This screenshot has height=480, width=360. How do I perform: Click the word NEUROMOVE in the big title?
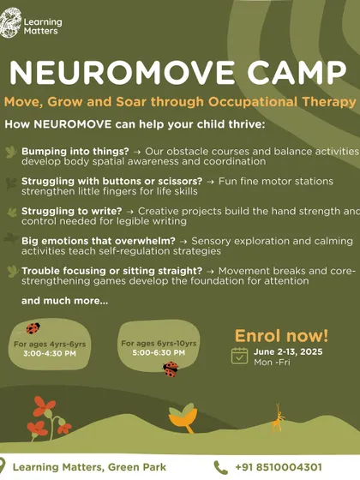tap(122, 73)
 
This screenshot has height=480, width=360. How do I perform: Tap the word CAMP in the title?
tap(297, 73)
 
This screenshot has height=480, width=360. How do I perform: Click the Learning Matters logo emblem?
tap(10, 23)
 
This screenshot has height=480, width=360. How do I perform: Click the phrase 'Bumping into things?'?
tap(75, 151)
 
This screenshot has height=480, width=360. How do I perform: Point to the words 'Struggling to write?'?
tap(72, 211)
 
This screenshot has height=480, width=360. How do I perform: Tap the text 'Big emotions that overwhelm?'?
tap(99, 241)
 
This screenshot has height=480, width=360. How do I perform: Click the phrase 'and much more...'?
tap(64, 301)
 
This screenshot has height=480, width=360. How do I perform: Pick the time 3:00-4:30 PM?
tap(50, 353)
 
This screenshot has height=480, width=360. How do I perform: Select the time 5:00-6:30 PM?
tap(159, 352)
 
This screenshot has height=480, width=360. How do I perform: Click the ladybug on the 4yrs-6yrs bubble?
tap(33, 328)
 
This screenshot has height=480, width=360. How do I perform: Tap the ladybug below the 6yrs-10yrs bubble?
tap(171, 369)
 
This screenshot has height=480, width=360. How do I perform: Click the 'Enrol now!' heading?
tap(281, 336)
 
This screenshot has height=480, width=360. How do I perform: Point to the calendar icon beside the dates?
tap(239, 356)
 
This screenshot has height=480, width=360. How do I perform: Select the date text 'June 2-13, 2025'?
tap(288, 351)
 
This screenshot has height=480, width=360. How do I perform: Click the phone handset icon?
tap(221, 467)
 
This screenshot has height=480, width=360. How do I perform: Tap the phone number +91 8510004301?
tap(279, 467)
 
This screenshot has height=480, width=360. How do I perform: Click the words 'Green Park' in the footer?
tap(137, 467)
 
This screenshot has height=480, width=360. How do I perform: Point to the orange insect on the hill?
tap(278, 418)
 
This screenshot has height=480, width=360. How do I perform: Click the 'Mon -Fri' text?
tap(272, 362)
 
